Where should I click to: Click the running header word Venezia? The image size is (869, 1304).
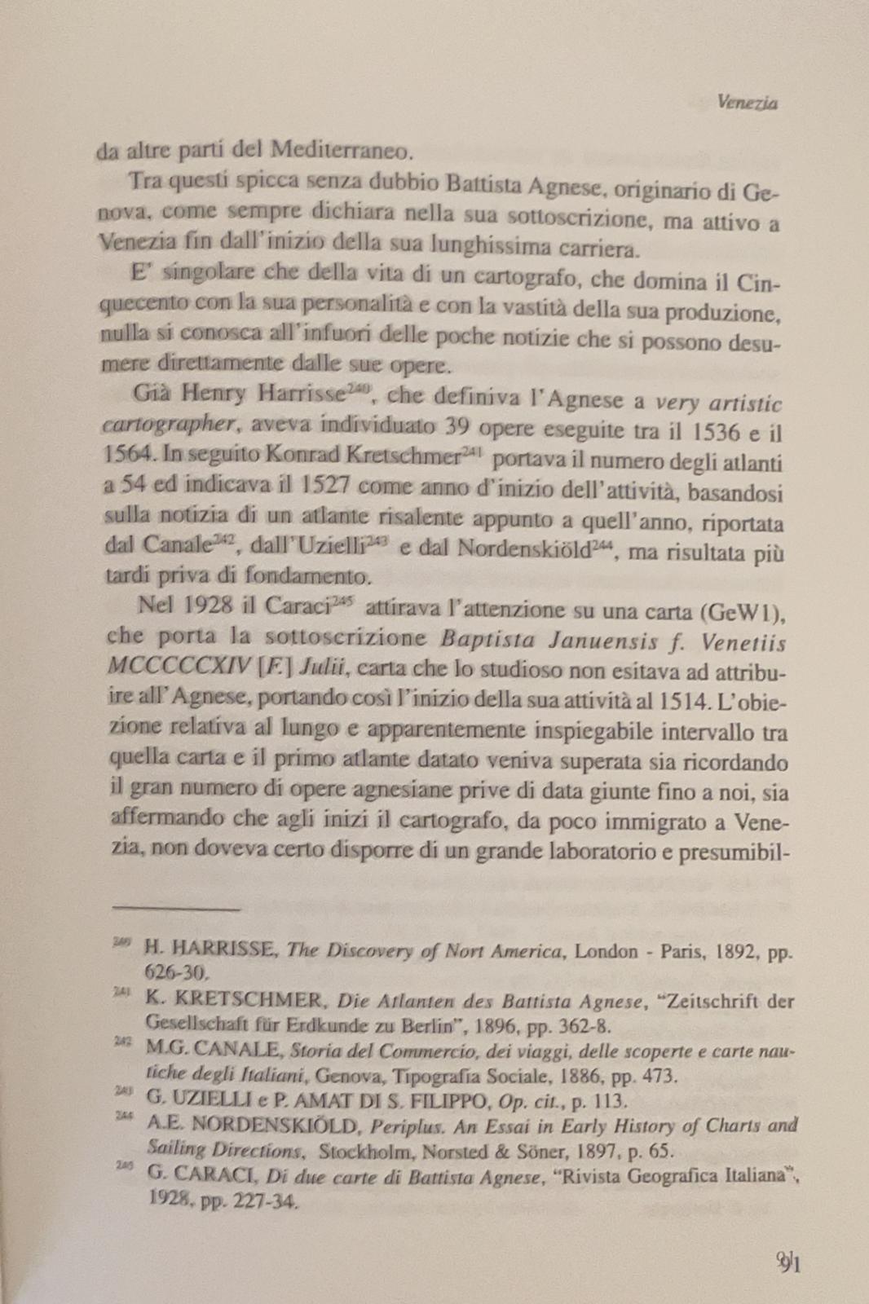[x=748, y=103]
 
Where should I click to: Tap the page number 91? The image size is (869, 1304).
[x=789, y=1264]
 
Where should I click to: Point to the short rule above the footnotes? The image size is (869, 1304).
[x=176, y=905]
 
